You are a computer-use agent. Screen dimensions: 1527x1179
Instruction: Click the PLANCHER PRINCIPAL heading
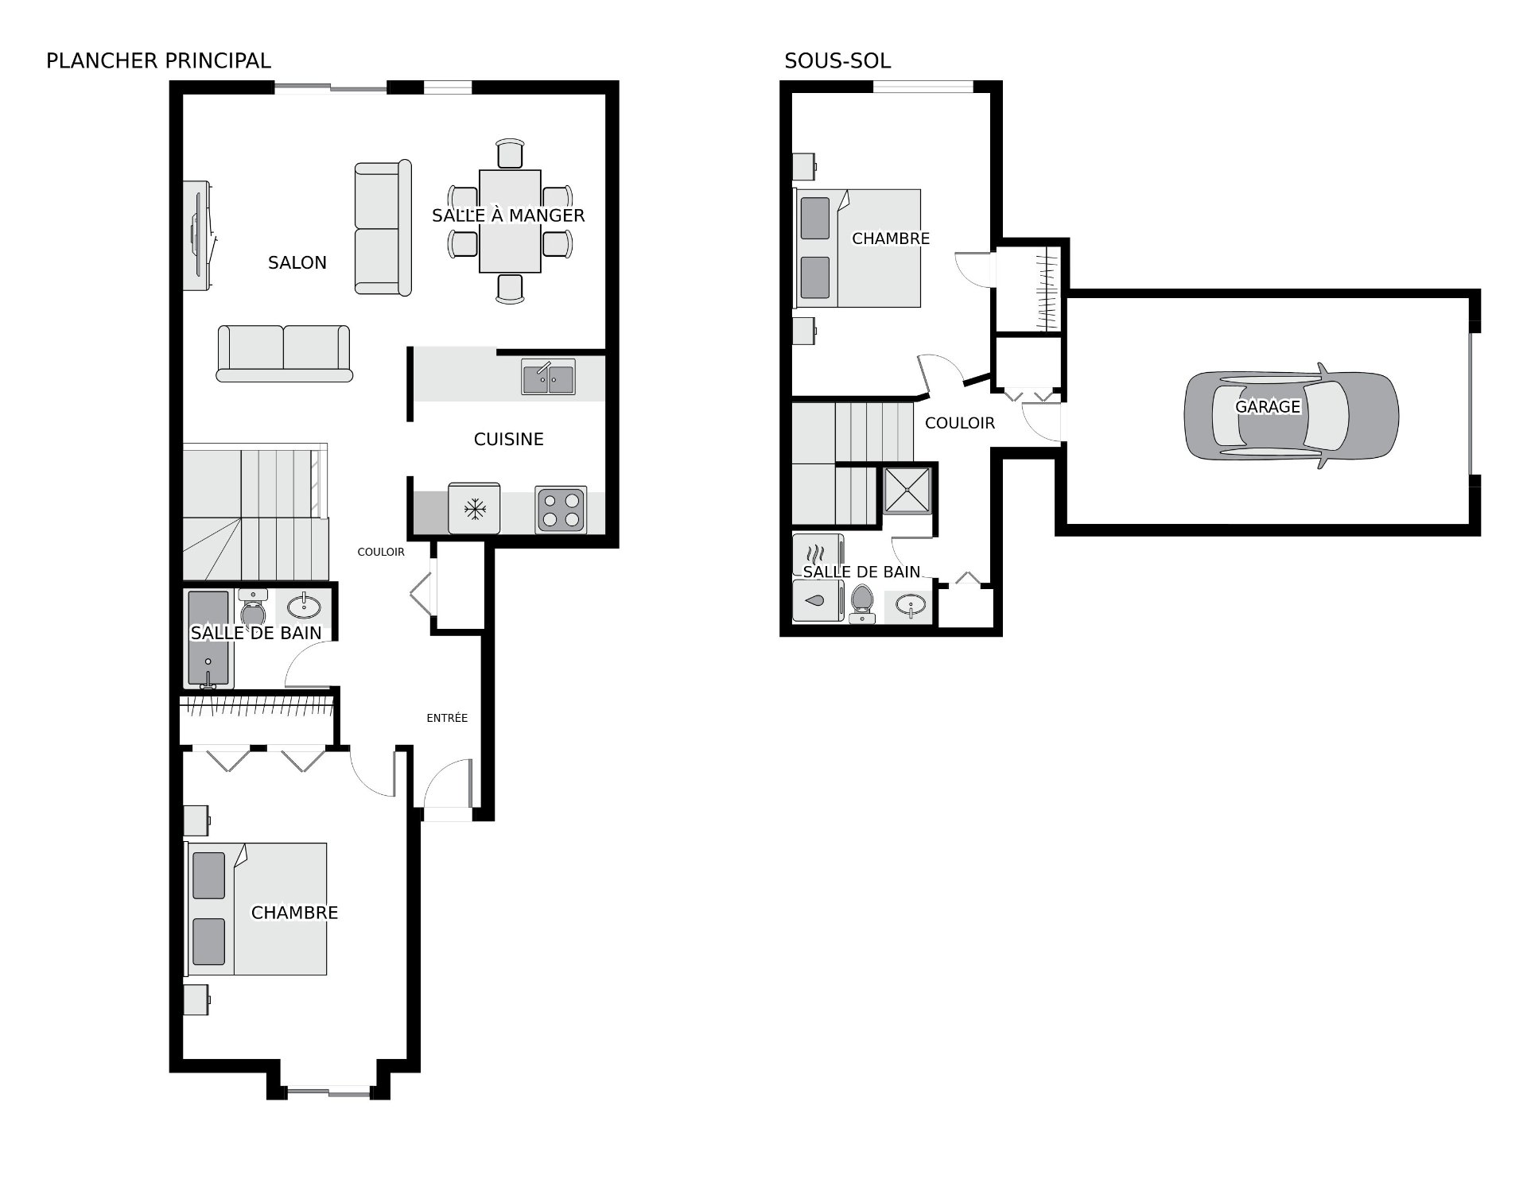158,60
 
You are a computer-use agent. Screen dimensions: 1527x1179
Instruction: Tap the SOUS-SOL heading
837,60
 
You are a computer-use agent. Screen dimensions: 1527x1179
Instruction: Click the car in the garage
1292,416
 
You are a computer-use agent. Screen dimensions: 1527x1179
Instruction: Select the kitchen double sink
549,377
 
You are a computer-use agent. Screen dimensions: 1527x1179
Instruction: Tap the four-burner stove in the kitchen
561,510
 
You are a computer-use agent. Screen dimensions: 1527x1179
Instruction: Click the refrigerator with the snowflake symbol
475,508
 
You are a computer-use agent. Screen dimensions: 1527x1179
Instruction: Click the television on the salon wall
198,236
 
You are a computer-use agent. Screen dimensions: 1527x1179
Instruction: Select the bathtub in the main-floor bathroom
209,639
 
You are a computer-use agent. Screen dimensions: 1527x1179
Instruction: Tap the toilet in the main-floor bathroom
254,608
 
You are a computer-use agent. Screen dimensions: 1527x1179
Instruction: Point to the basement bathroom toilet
862,603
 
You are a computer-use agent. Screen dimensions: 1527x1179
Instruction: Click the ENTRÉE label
447,718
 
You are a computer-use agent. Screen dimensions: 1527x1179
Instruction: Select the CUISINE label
509,439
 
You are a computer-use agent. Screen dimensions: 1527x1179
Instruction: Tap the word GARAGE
1268,406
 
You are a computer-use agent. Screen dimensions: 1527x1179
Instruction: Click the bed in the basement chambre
858,248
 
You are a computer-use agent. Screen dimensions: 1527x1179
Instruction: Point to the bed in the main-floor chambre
256,909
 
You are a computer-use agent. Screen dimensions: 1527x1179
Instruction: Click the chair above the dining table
510,153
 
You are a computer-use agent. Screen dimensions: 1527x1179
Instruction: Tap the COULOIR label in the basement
960,423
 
